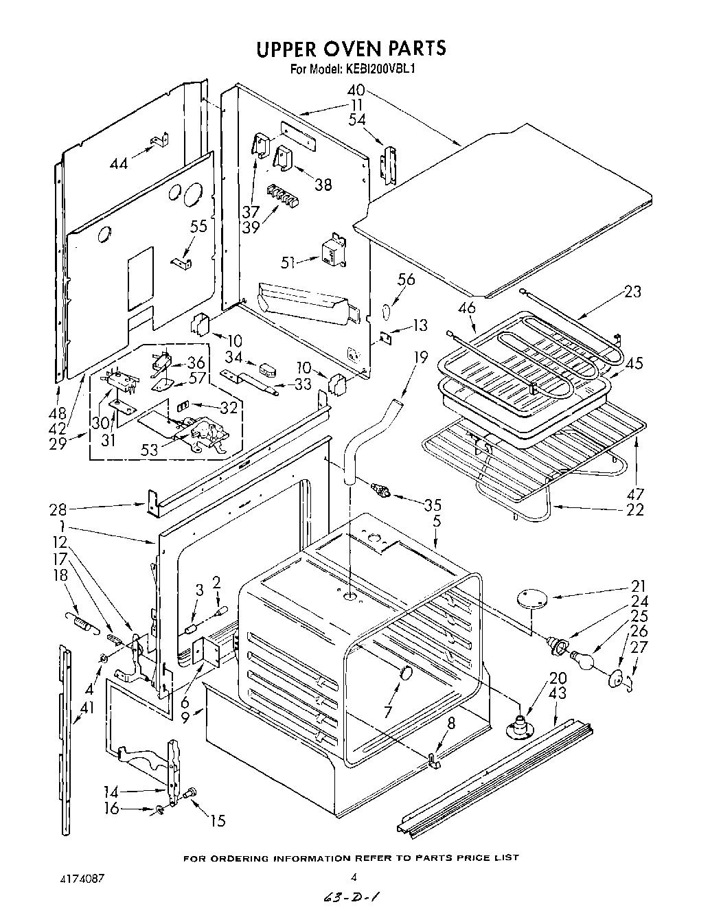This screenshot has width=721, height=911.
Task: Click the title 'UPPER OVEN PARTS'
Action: point(351,48)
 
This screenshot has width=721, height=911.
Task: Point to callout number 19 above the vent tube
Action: point(420,358)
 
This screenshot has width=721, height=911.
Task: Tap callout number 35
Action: point(432,507)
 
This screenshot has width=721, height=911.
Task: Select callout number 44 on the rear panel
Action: point(118,163)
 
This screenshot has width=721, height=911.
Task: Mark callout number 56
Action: point(407,279)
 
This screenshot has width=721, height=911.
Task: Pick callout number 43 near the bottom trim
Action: point(560,694)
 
